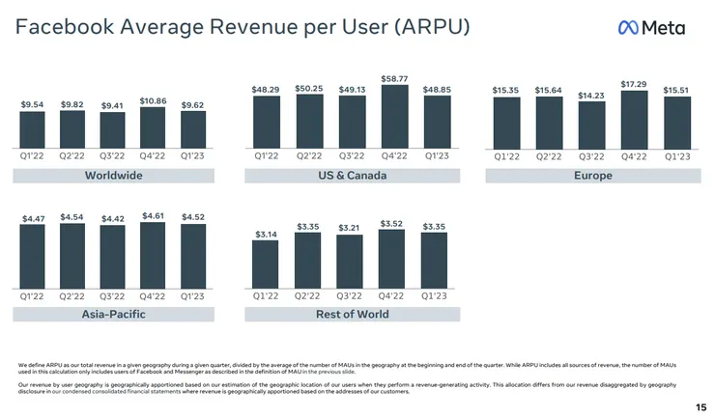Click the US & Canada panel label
pos(352,176)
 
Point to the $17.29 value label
pos(634,84)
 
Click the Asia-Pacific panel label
pos(113,314)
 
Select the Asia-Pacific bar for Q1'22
pos(32,256)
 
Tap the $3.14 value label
pos(266,234)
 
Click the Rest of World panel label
pos(352,314)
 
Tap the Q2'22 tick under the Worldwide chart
pos(72,154)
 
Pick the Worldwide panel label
pos(113,176)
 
